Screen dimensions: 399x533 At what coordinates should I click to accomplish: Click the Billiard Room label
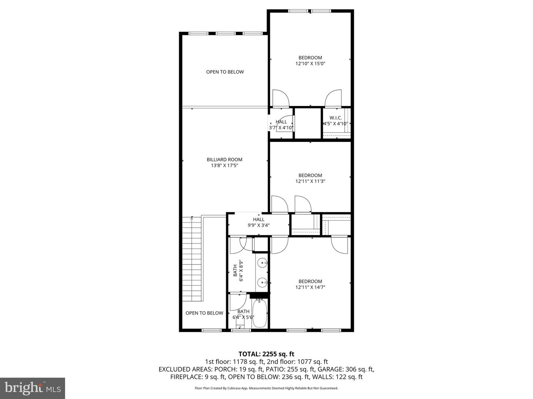click(x=224, y=160)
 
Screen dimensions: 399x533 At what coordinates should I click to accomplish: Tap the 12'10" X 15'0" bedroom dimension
click(x=310, y=64)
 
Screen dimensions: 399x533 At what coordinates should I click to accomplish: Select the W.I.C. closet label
click(x=335, y=118)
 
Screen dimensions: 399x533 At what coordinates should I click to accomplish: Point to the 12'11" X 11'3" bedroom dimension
click(x=310, y=181)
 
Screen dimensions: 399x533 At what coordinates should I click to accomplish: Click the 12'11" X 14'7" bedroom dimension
click(x=310, y=287)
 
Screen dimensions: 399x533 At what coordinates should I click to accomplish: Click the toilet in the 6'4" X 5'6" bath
click(x=240, y=326)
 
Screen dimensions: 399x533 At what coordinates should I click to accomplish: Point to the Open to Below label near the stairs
click(x=204, y=313)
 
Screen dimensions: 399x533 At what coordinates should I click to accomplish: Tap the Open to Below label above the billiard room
click(x=225, y=72)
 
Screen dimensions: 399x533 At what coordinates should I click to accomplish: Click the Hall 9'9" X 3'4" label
click(x=258, y=222)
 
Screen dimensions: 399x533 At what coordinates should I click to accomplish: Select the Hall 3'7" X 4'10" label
click(x=281, y=125)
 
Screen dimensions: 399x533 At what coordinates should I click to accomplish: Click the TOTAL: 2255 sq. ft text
click(x=266, y=354)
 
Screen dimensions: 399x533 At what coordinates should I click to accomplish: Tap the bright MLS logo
click(x=32, y=388)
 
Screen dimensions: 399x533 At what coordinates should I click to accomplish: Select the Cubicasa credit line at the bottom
click(x=266, y=388)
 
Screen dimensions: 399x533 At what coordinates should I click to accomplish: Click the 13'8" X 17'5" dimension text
click(x=224, y=166)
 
